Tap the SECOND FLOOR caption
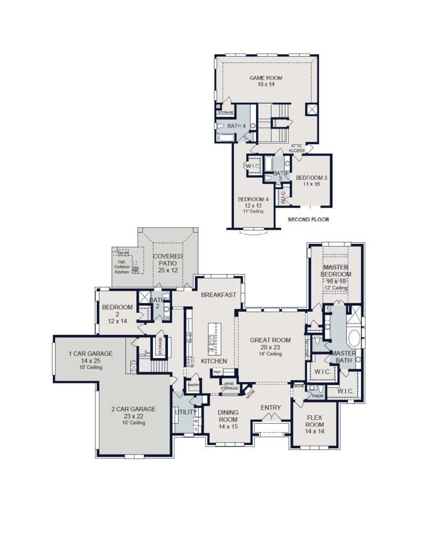tap(308, 220)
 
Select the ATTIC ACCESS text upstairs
tap(297, 148)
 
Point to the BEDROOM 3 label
tap(311, 178)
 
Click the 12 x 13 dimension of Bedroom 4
tap(252, 205)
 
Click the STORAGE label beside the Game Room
tap(225, 112)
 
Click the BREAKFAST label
tap(218, 295)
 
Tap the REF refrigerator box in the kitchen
tap(217, 373)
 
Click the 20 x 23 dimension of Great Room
tap(269, 347)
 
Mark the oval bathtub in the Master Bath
tap(354, 338)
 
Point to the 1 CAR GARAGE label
tap(90, 353)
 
